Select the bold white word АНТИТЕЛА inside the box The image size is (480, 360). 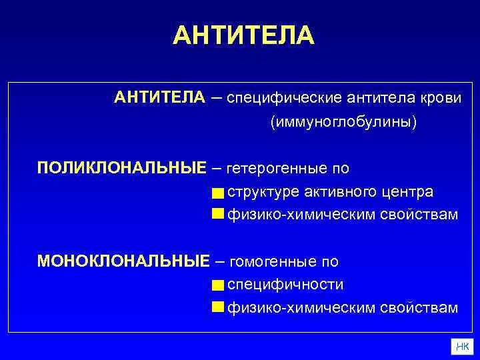[159, 98]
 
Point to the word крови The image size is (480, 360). [439, 98]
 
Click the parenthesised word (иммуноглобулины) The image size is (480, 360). [343, 123]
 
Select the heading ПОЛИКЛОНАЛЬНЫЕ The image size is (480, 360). [122, 167]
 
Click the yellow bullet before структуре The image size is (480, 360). [217, 193]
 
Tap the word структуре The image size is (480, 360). [263, 192]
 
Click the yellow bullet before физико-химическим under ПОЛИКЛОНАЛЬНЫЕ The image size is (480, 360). [217, 214]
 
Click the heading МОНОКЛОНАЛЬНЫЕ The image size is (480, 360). [123, 261]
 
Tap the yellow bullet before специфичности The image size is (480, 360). [217, 286]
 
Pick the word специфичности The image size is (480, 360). [285, 285]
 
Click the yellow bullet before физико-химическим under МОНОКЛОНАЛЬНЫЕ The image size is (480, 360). [217, 307]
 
